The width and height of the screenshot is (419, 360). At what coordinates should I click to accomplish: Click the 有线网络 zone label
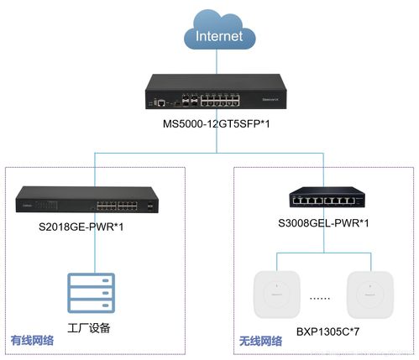coord(34,341)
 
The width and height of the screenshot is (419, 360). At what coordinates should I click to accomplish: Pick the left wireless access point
coord(277,295)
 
